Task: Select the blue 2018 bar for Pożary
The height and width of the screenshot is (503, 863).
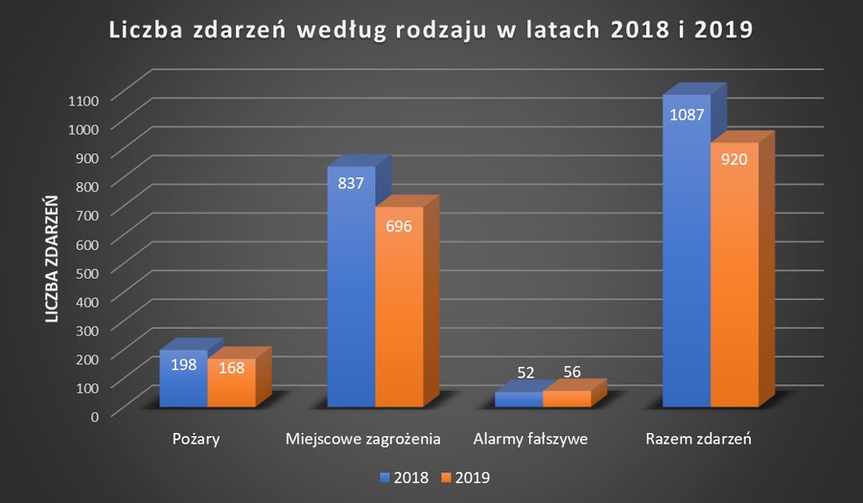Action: tap(183, 383)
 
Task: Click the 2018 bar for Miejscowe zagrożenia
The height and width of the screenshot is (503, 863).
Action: tap(351, 307)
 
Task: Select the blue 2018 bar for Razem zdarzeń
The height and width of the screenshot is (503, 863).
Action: tap(686, 268)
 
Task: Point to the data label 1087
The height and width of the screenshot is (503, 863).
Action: tap(687, 115)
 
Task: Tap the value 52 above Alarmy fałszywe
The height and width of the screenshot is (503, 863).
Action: tap(525, 372)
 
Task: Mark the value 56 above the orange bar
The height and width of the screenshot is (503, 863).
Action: tap(571, 372)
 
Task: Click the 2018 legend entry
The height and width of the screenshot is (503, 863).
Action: tap(404, 476)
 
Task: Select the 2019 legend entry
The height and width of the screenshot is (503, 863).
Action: tap(463, 476)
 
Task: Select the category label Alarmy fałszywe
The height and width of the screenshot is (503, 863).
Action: tap(530, 440)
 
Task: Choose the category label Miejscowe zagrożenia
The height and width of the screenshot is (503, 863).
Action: tap(362, 440)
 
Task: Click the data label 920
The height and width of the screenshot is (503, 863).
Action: tap(735, 159)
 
